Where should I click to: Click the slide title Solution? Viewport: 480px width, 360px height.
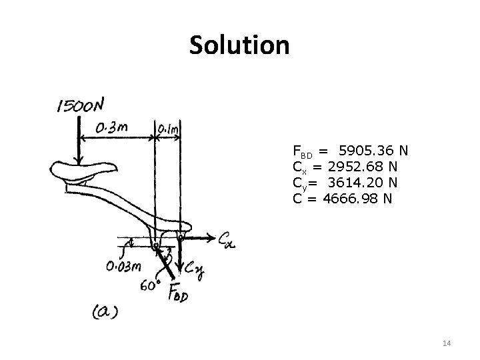coord(239,45)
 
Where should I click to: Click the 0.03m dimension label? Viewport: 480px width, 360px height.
coord(124,267)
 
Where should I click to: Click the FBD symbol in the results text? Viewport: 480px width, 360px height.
coord(301,152)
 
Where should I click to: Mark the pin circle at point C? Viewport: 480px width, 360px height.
coord(181,235)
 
